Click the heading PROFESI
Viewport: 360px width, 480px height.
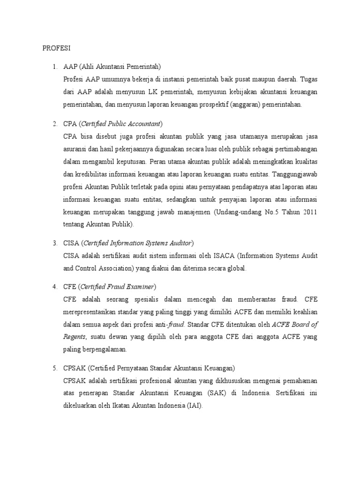(x=56, y=48)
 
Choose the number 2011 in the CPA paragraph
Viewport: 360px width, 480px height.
(x=307, y=212)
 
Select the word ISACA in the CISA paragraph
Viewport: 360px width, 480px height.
(x=224, y=256)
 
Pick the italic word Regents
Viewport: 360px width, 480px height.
(x=74, y=337)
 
